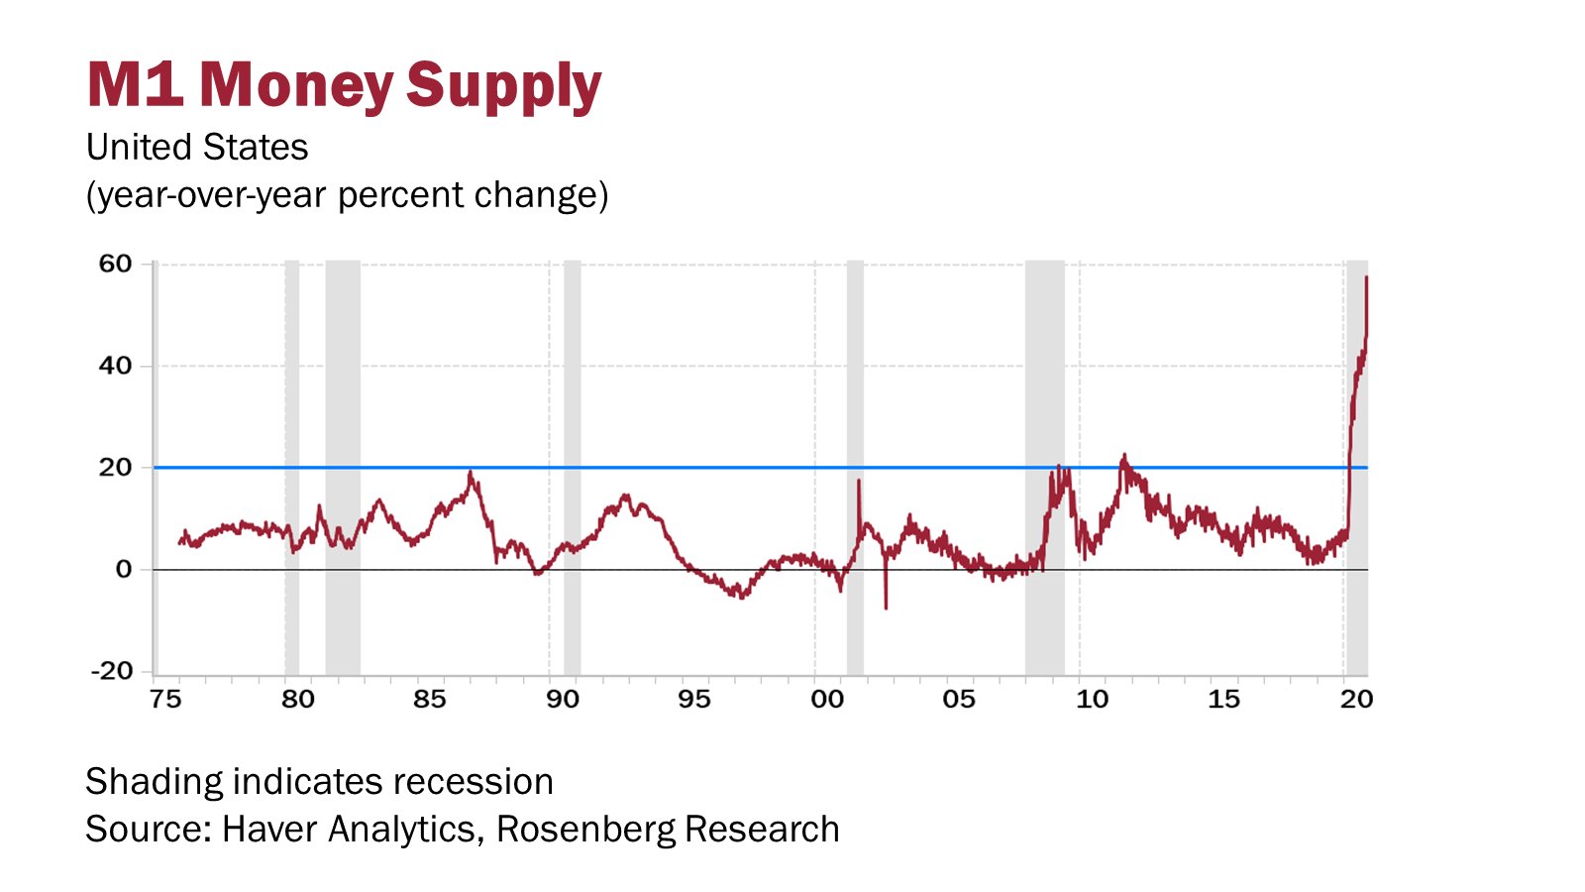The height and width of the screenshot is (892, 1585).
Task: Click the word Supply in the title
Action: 503,86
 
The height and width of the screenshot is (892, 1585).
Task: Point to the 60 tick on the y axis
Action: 115,264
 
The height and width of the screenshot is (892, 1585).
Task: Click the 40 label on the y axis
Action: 115,366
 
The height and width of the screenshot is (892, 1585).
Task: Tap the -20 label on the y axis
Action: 111,671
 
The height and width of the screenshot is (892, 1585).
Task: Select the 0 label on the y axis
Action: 123,569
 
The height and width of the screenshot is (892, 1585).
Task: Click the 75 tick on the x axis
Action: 165,700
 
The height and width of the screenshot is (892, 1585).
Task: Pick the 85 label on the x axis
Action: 430,700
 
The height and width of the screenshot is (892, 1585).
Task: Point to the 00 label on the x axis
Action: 827,700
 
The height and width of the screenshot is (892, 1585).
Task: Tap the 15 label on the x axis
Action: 1224,700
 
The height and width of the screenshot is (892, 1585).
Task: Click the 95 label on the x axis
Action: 694,700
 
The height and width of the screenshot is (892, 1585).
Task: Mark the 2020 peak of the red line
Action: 1366,279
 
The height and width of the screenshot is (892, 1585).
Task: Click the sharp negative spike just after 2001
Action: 886,606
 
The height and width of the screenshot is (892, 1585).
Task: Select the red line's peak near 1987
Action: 471,473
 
